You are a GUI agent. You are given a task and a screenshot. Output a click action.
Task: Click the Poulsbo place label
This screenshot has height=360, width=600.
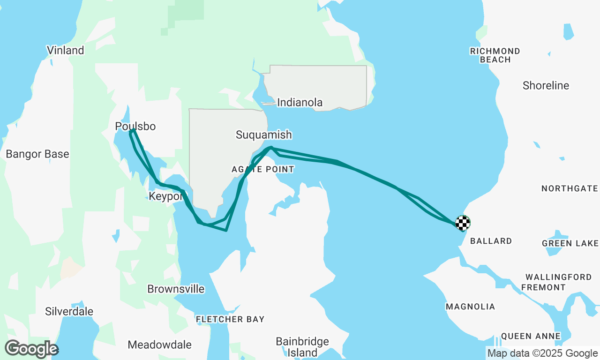pyautogui.click(x=135, y=127)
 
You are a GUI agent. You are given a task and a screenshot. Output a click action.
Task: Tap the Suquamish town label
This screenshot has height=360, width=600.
pyautogui.click(x=263, y=135)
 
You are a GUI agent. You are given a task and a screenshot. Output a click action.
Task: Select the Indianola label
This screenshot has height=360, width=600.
pyautogui.click(x=300, y=103)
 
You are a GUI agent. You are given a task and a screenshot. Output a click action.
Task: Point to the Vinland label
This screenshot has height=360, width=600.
pyautogui.click(x=65, y=50)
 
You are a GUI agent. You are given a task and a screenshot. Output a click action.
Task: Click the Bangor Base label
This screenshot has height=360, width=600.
pyautogui.click(x=37, y=154)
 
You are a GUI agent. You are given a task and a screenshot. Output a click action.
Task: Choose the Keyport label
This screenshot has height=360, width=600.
pyautogui.click(x=165, y=196)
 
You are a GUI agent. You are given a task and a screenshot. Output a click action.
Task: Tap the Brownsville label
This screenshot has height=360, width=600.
pyautogui.click(x=176, y=289)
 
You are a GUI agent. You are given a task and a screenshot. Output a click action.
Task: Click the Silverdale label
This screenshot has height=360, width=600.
pyautogui.click(x=69, y=311)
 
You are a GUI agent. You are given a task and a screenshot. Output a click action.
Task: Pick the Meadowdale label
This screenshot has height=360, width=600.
pyautogui.click(x=159, y=345)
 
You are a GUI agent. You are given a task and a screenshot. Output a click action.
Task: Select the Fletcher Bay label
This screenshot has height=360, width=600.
pyautogui.click(x=230, y=319)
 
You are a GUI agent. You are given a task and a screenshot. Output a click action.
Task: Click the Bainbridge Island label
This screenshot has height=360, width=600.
pyautogui.click(x=302, y=347)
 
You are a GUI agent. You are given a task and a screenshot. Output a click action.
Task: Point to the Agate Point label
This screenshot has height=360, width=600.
pyautogui.click(x=263, y=169)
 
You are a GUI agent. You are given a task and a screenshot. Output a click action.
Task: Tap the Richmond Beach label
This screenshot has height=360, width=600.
pyautogui.click(x=495, y=55)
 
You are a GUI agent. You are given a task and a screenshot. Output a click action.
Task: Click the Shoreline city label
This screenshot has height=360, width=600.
pyautogui.click(x=546, y=86)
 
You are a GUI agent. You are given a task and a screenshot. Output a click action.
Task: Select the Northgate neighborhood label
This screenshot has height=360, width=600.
pyautogui.click(x=570, y=188)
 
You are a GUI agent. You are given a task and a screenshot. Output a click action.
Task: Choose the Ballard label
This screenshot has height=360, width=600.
pyautogui.click(x=491, y=241)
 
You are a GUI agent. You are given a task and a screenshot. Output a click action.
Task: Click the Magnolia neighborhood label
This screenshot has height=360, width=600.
pyautogui.click(x=470, y=307)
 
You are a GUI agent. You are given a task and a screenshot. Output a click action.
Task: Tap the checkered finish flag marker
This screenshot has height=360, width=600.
pyautogui.click(x=463, y=223)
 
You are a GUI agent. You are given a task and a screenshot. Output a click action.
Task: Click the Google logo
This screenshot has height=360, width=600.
pyautogui.click(x=31, y=349)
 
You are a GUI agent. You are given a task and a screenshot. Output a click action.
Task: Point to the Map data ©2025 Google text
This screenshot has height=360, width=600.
pyautogui.click(x=542, y=353)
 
